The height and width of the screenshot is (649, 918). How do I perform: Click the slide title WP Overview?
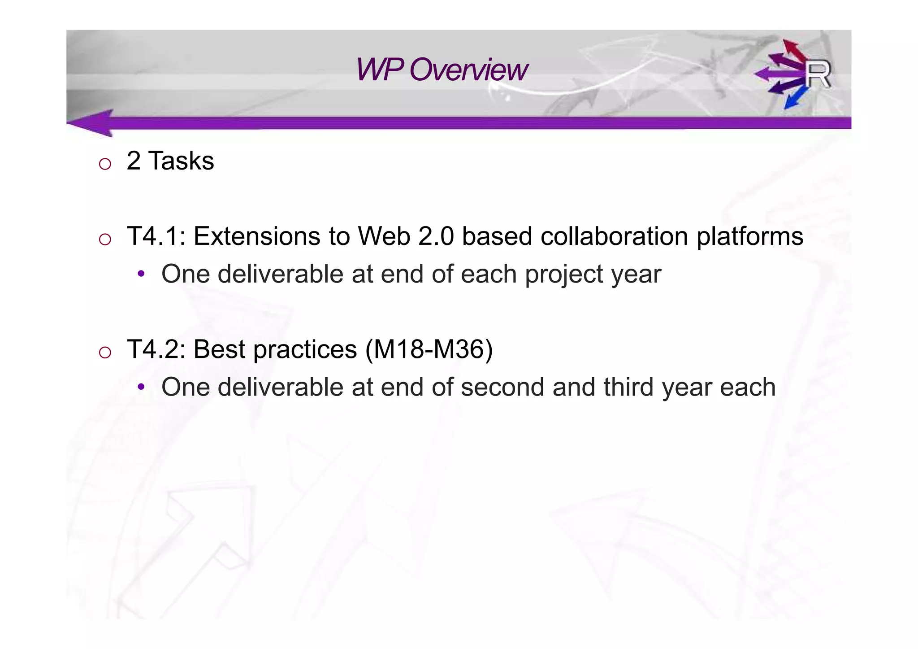tap(442, 70)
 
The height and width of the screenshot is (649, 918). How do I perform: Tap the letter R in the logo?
tap(818, 75)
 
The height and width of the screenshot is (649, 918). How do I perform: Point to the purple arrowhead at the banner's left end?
tap(92, 122)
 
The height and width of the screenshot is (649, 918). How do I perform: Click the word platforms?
tap(749, 237)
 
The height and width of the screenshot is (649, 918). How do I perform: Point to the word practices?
tap(305, 350)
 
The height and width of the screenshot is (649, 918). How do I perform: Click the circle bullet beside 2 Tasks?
tap(105, 164)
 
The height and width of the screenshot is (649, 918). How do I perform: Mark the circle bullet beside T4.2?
tap(105, 352)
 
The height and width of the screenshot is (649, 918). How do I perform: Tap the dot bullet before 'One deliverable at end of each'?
tap(141, 274)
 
